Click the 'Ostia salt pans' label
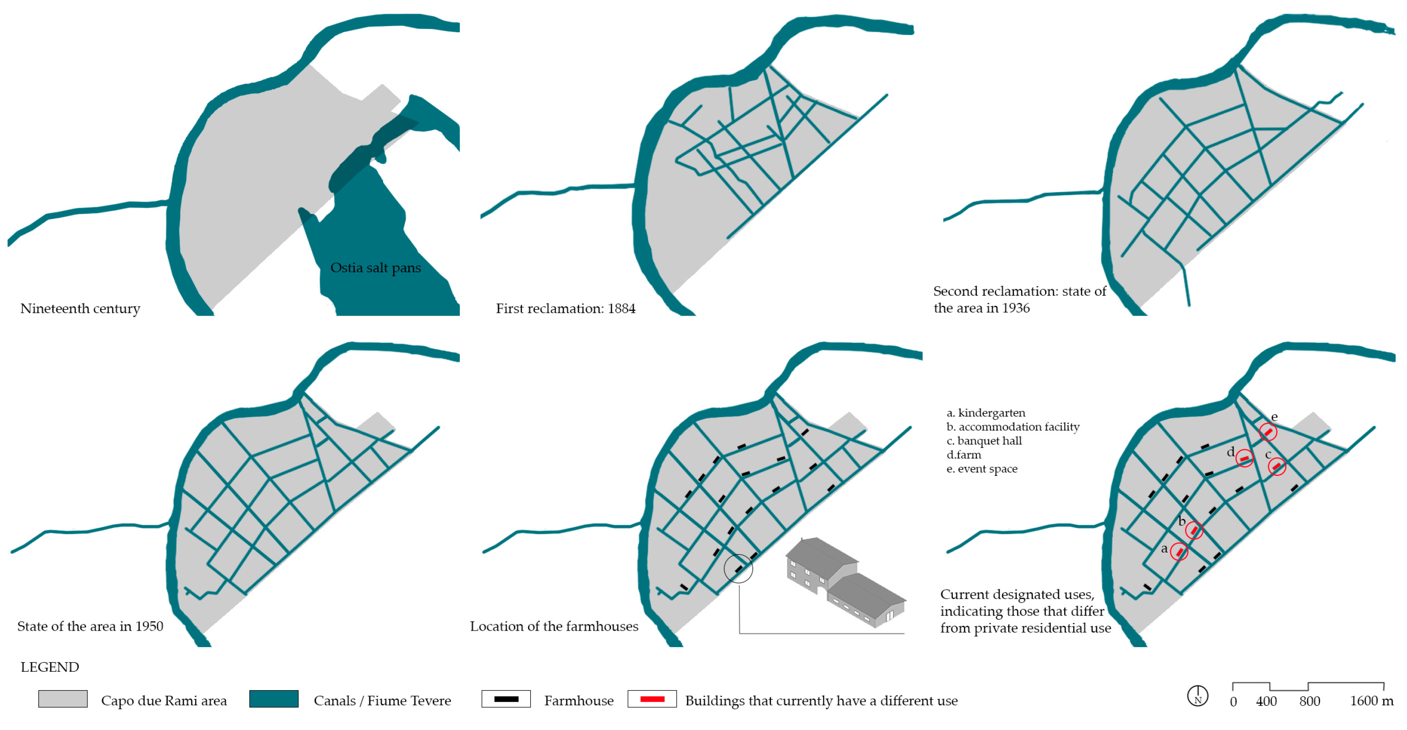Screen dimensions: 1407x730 click(x=376, y=268)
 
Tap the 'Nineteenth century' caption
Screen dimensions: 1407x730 click(x=81, y=309)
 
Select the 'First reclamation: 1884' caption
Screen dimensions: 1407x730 click(x=566, y=309)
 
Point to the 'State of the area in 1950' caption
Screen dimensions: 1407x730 click(x=90, y=627)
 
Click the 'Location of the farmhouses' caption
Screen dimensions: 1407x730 click(x=554, y=627)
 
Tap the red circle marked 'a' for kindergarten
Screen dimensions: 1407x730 click(x=1179, y=552)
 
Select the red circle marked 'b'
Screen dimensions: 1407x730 click(x=1194, y=531)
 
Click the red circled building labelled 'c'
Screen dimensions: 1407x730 click(x=1276, y=467)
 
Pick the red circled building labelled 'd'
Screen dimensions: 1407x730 click(x=1244, y=459)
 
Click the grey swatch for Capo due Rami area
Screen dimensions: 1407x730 click(x=63, y=699)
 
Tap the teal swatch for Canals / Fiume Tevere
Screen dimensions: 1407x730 click(x=274, y=699)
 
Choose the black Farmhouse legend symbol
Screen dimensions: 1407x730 click(x=506, y=699)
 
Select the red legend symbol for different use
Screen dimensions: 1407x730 click(x=652, y=699)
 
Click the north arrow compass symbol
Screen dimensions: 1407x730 click(x=1197, y=696)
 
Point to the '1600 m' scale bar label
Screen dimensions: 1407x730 click(x=1371, y=702)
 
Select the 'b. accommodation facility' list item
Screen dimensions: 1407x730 click(x=1013, y=427)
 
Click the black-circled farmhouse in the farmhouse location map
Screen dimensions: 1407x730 click(x=738, y=570)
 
